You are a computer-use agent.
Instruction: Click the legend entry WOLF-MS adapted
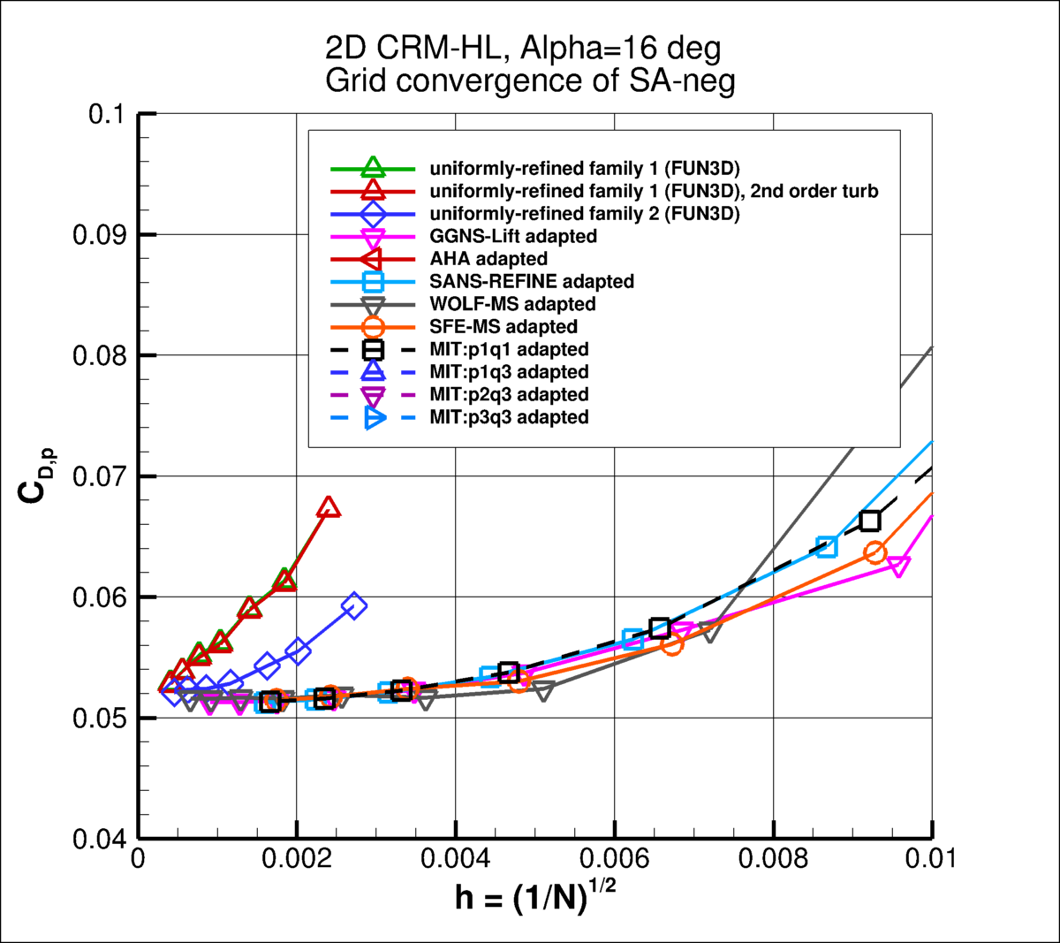pos(512,304)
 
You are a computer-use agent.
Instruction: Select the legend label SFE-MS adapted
pos(503,327)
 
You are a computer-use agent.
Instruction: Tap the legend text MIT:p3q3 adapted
pos(509,417)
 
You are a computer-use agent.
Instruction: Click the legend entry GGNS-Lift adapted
pos(513,236)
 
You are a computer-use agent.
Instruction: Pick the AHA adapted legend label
pos(488,259)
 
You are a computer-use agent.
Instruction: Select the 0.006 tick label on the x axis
pos(615,859)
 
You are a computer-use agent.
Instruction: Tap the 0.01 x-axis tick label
pos(931,859)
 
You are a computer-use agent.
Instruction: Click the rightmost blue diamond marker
pos(354,606)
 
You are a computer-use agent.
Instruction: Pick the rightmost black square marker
pos(869,521)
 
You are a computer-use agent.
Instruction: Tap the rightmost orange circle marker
pos(874,552)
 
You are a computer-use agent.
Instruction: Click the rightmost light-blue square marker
pos(827,545)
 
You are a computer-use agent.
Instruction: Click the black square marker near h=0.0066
pos(660,628)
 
